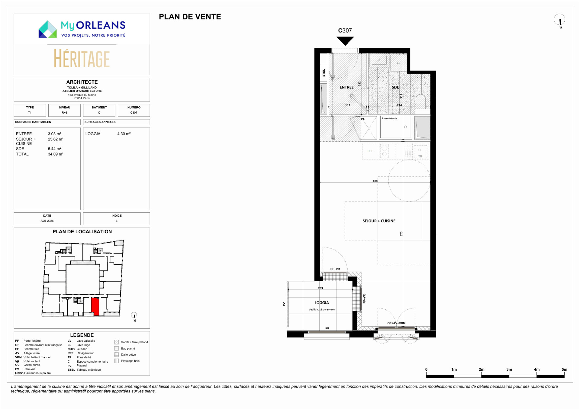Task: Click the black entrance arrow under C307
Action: tap(345, 40)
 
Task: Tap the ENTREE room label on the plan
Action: tap(346, 87)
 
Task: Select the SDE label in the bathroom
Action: tap(395, 87)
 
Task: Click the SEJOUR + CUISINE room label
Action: tap(379, 221)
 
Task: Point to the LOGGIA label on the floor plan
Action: tap(322, 303)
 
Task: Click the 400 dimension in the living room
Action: tap(375, 181)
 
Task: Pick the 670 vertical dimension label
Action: tap(401, 234)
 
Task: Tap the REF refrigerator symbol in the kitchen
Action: tap(370, 151)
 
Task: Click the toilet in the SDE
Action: tap(420, 102)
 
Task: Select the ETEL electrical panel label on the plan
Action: tap(324, 73)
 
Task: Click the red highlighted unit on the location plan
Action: tap(95, 306)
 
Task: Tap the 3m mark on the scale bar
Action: tap(509, 370)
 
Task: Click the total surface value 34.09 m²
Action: tap(56, 154)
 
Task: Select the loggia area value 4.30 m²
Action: tap(124, 134)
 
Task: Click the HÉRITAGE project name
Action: tap(82, 58)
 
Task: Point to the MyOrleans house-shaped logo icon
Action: tap(47, 29)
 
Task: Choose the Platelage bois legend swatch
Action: tap(117, 361)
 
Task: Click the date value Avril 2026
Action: tap(47, 221)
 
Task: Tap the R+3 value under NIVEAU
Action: tap(64, 113)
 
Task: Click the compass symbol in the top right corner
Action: tap(559, 21)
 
